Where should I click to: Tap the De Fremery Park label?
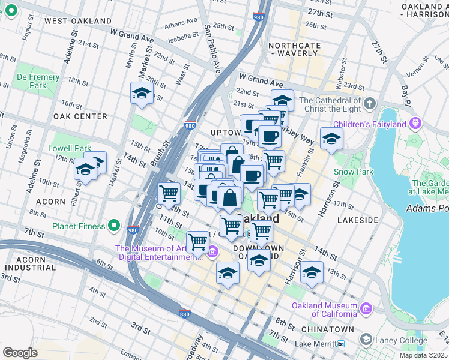[x=38, y=81]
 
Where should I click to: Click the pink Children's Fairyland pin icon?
[x=415, y=124]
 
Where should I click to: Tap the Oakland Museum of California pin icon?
[x=365, y=309]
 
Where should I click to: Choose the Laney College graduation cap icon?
[x=365, y=340]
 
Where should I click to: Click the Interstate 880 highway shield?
[x=185, y=313]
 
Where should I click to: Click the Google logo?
[x=20, y=353]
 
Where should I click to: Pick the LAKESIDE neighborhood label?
[x=358, y=220]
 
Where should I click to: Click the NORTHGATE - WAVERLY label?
[x=293, y=49]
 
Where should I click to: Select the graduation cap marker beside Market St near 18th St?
[x=142, y=94]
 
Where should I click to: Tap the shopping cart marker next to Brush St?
[x=169, y=193]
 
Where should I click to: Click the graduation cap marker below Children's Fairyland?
[x=331, y=139]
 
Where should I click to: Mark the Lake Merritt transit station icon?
[x=341, y=344]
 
